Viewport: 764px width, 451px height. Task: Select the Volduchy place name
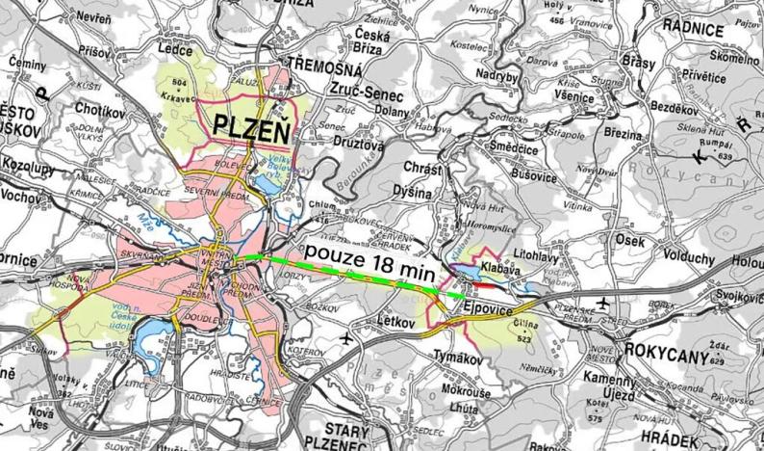(684, 258)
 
